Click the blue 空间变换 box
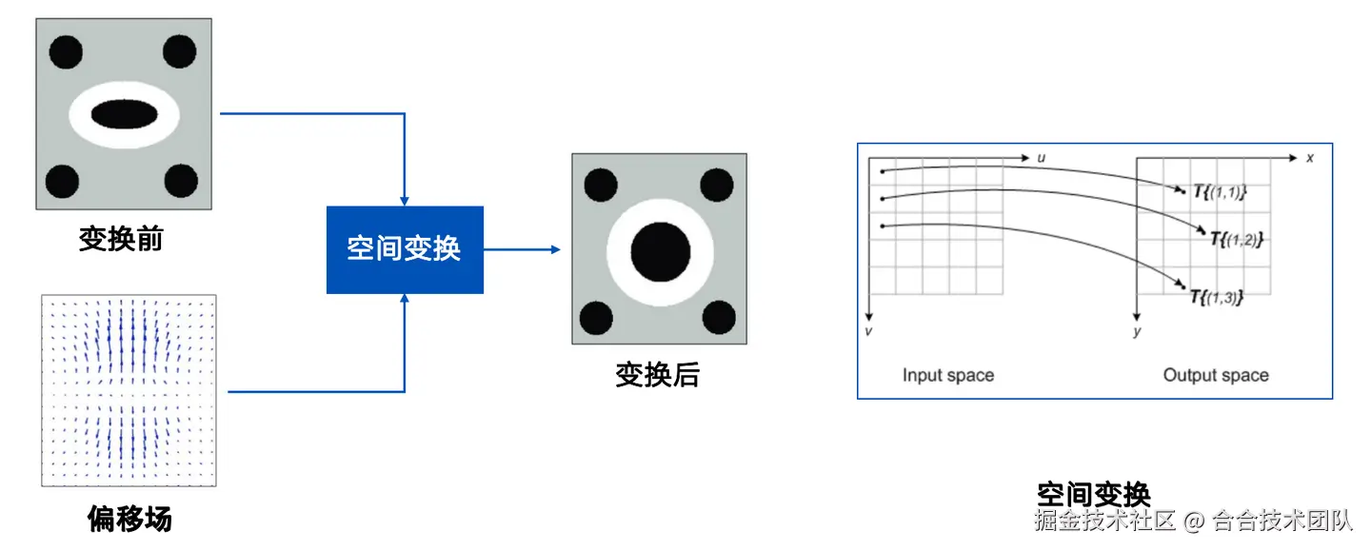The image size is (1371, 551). (x=405, y=249)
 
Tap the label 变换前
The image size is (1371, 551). (x=121, y=238)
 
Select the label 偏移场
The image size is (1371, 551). (x=129, y=519)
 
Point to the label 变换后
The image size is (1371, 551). (x=657, y=375)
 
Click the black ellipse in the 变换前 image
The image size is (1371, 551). (x=124, y=114)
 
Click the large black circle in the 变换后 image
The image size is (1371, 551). (x=660, y=249)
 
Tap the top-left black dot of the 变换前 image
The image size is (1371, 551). (x=66, y=50)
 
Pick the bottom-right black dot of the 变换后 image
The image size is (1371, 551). (x=718, y=316)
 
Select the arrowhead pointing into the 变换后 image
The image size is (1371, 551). (x=555, y=249)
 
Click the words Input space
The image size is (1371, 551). (x=947, y=375)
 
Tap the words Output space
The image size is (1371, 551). (x=1216, y=375)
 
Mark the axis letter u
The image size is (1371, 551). (x=1042, y=157)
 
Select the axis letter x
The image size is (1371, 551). (x=1310, y=157)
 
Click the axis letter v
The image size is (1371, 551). (x=869, y=331)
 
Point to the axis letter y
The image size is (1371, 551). (x=1137, y=332)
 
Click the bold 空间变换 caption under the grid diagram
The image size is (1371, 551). (x=1094, y=494)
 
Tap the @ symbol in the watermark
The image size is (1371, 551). (x=1194, y=521)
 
